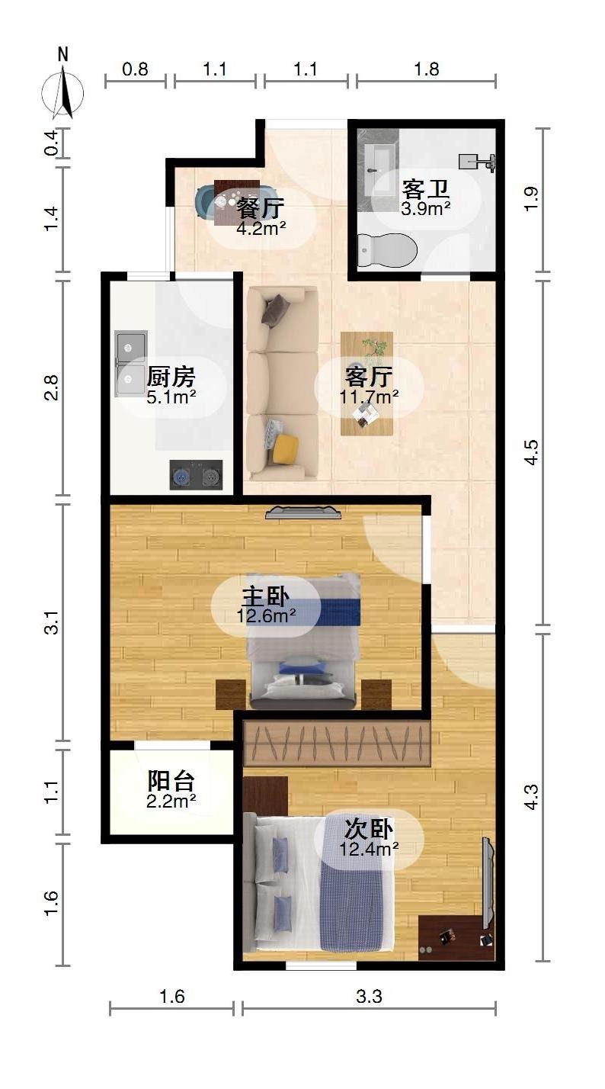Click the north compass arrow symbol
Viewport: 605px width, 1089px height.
66,92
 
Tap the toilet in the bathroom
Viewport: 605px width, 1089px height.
388,249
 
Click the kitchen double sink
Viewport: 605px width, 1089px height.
131,364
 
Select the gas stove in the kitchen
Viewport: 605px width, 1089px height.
196,475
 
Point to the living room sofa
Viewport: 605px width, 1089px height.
281,383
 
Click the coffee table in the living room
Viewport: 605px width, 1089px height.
367,383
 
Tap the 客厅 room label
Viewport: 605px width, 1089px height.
369,376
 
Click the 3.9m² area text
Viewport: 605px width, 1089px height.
426,207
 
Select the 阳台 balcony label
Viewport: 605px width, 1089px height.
171,781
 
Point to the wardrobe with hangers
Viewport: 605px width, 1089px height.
338,743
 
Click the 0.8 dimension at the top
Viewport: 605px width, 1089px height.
135,69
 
